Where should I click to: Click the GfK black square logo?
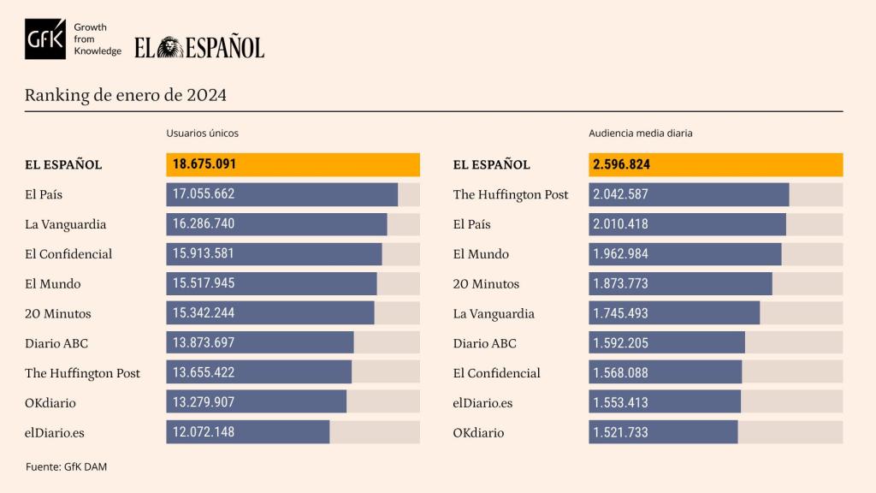[45, 39]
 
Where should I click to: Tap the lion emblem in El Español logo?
[170, 48]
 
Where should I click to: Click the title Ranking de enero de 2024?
[126, 95]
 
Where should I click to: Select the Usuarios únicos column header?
[202, 134]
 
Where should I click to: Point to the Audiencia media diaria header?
[640, 134]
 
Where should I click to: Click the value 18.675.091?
[204, 164]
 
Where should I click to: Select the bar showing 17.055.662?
[281, 194]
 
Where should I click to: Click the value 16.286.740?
[204, 224]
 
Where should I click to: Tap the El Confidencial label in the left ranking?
[68, 254]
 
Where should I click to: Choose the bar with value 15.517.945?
[271, 283]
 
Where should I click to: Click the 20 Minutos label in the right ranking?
[486, 284]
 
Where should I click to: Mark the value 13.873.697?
[204, 343]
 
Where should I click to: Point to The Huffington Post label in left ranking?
[82, 373]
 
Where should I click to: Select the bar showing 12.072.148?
[247, 432]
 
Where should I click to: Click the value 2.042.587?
[620, 194]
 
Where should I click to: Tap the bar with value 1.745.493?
[674, 313]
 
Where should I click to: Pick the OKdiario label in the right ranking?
[478, 432]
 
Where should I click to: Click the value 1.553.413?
[620, 402]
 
